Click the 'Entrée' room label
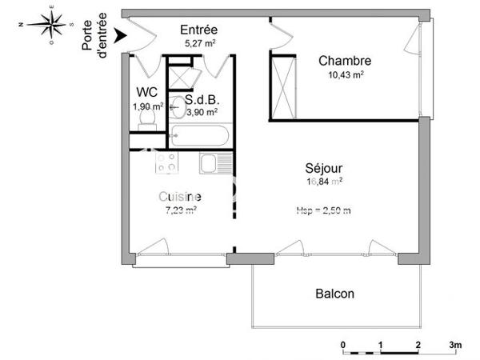199,30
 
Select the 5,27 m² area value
200,43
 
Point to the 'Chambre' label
344,61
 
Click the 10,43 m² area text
345,74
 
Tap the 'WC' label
146,91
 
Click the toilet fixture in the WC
147,118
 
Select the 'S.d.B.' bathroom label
202,100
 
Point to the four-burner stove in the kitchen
166,163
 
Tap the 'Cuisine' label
179,197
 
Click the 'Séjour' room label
324,169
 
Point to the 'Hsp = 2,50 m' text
324,210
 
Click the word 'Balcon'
334,294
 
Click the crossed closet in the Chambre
282,85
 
